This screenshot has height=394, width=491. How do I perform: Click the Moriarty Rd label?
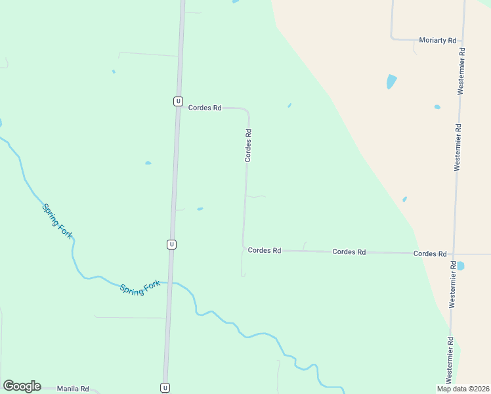click(x=437, y=40)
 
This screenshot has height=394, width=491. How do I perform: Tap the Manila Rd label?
click(x=72, y=389)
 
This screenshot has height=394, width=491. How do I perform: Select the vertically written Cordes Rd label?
click(x=248, y=145)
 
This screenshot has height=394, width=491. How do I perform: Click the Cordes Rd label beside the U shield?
click(x=205, y=108)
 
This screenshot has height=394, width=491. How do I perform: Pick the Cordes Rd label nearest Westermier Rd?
click(x=430, y=253)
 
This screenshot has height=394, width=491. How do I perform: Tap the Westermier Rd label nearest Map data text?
click(x=450, y=359)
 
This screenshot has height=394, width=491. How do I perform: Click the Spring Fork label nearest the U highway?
click(x=140, y=288)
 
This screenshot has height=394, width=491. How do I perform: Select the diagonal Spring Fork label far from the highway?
click(x=57, y=221)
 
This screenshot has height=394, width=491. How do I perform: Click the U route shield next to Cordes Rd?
click(x=178, y=101)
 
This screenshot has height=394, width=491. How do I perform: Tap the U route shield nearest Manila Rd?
click(x=165, y=387)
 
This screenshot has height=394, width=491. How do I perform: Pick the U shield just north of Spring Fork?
click(x=171, y=244)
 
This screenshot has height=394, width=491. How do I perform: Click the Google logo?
click(x=22, y=386)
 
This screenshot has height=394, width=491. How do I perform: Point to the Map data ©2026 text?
click(x=463, y=389)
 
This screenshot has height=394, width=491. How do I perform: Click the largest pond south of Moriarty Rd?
click(x=391, y=81)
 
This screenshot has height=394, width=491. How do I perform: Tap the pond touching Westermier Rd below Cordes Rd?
click(x=459, y=266)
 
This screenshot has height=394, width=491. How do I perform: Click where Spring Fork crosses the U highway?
click(x=170, y=282)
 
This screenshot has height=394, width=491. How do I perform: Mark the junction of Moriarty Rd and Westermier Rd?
click(x=464, y=39)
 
